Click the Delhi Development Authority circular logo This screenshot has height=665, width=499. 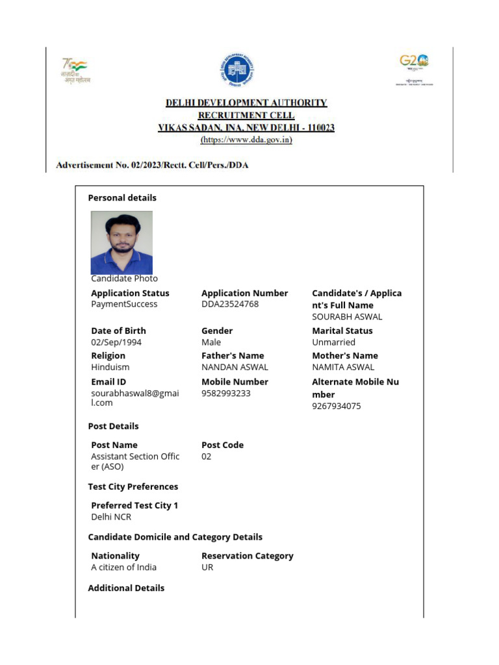[x=237, y=70]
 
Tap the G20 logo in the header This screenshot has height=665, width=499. [x=414, y=62]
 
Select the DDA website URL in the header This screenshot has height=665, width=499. [x=246, y=140]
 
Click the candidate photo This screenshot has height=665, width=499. [x=122, y=242]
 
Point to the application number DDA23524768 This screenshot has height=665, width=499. [x=230, y=304]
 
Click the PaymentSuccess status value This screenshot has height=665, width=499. [x=124, y=304]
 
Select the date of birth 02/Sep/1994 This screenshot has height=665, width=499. [x=116, y=342]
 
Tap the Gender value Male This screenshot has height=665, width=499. [x=211, y=342]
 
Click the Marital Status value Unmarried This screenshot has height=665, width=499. [x=334, y=342]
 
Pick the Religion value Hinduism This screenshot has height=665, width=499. [x=110, y=367]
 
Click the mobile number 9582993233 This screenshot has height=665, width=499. [x=226, y=393]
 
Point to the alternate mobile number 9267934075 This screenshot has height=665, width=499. [x=337, y=406]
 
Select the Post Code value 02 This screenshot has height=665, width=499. [x=207, y=457]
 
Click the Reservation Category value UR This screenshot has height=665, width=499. [x=207, y=567]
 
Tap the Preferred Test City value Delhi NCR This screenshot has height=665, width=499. [x=111, y=517]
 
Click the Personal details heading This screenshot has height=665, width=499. [x=122, y=198]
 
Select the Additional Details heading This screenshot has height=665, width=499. [x=126, y=588]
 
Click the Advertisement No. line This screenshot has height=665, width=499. [x=152, y=166]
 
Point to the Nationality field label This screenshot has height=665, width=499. [x=115, y=556]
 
